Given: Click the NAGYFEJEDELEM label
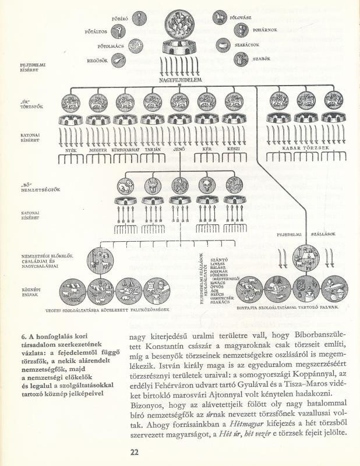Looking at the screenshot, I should (x=179, y=79).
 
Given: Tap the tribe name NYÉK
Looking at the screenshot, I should (x=72, y=150).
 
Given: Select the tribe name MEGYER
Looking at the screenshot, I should (x=97, y=150).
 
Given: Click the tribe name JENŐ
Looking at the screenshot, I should (x=178, y=150).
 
